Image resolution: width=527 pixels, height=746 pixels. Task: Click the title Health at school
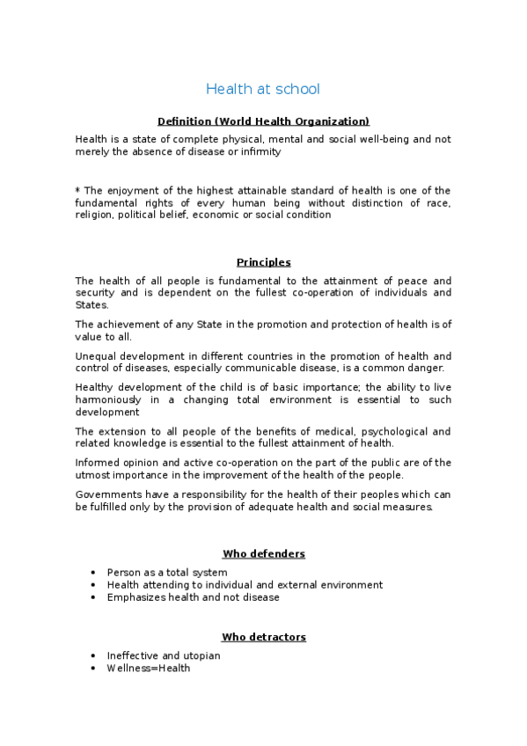263,89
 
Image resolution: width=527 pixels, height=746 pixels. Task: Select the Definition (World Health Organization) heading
263,121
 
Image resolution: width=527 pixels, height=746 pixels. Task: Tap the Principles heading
263,262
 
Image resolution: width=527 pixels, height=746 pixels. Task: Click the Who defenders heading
263,554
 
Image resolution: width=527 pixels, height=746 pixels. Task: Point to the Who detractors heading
263,637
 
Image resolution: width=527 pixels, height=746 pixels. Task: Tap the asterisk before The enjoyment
77,190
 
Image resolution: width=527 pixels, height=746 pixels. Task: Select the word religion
94,215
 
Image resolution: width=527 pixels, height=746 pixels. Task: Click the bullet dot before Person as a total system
94,573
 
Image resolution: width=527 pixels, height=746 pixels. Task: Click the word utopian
201,655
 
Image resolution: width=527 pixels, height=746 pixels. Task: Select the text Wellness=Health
148,668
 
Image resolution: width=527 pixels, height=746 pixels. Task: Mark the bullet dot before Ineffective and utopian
94,655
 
